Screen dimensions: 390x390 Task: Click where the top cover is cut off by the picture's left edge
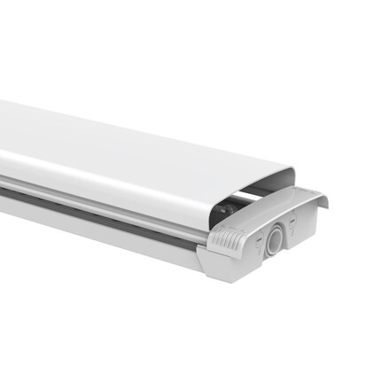3,133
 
